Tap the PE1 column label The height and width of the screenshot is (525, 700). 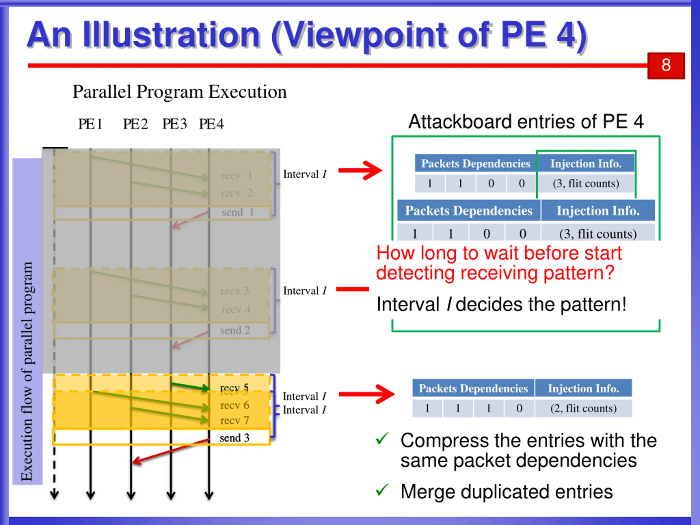point(90,124)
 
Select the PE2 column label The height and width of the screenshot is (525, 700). point(135,124)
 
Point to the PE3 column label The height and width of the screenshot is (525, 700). point(174,124)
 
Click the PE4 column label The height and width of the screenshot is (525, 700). point(211,124)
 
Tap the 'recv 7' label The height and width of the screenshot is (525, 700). point(235,420)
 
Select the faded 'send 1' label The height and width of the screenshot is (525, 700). point(237,212)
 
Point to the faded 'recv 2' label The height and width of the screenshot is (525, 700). point(237,193)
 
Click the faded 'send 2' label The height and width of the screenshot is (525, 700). point(235,330)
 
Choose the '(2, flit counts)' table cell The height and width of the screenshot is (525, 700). point(583,408)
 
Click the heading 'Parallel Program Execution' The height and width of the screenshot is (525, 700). point(179,92)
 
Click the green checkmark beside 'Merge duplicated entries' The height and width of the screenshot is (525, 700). point(382,490)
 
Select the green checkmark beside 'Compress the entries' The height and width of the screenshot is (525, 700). point(382,439)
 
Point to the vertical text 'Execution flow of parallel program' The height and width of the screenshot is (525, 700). point(27,372)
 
